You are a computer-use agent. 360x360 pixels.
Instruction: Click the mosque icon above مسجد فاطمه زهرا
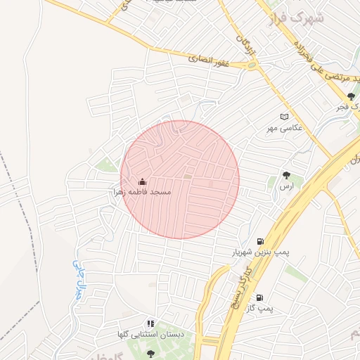(143, 182)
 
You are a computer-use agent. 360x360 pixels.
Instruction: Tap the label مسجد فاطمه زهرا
(143, 191)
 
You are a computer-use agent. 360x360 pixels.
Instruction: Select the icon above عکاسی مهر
(284, 117)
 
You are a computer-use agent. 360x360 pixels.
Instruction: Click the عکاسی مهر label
(284, 128)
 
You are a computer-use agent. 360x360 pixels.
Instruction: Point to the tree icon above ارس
(286, 174)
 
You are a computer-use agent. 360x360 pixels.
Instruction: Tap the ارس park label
(285, 186)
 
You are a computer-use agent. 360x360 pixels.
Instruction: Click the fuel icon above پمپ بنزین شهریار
(262, 240)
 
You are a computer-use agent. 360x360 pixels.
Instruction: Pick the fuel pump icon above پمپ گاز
(261, 297)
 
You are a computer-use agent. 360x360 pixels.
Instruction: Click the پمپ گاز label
(264, 309)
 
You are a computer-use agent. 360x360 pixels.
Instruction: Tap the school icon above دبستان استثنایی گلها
(150, 324)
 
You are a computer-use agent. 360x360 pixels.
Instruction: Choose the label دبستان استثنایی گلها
(151, 335)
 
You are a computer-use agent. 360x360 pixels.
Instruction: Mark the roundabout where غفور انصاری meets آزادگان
(251, 65)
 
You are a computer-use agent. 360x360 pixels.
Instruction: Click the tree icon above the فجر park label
(350, 96)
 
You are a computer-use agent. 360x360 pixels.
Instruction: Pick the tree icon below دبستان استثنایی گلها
(150, 353)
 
